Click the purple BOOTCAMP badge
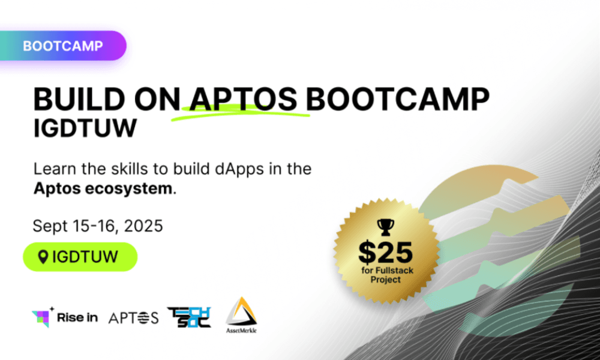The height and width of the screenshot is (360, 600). pyautogui.click(x=62, y=46)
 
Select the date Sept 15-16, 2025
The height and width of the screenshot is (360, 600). pyautogui.click(x=98, y=226)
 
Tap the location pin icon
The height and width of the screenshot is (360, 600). pyautogui.click(x=43, y=257)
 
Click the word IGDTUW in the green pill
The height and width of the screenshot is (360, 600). pyautogui.click(x=85, y=257)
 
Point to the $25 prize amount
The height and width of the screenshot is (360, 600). pyautogui.click(x=386, y=251)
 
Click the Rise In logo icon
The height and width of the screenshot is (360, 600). pyautogui.click(x=42, y=317)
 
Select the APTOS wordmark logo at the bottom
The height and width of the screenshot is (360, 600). pyautogui.click(x=133, y=317)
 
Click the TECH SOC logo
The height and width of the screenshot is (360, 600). pyautogui.click(x=188, y=317)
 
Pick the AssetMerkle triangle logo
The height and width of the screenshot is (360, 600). pyautogui.click(x=242, y=314)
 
